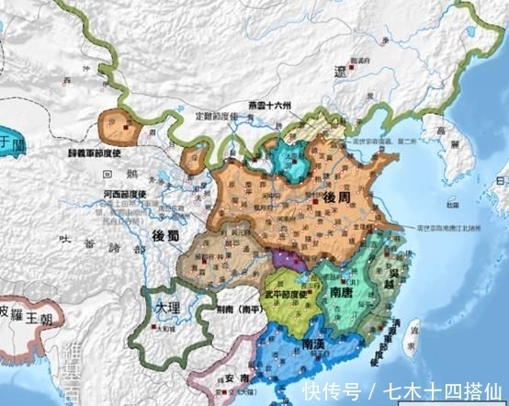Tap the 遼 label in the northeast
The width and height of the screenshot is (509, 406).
coord(342,70)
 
